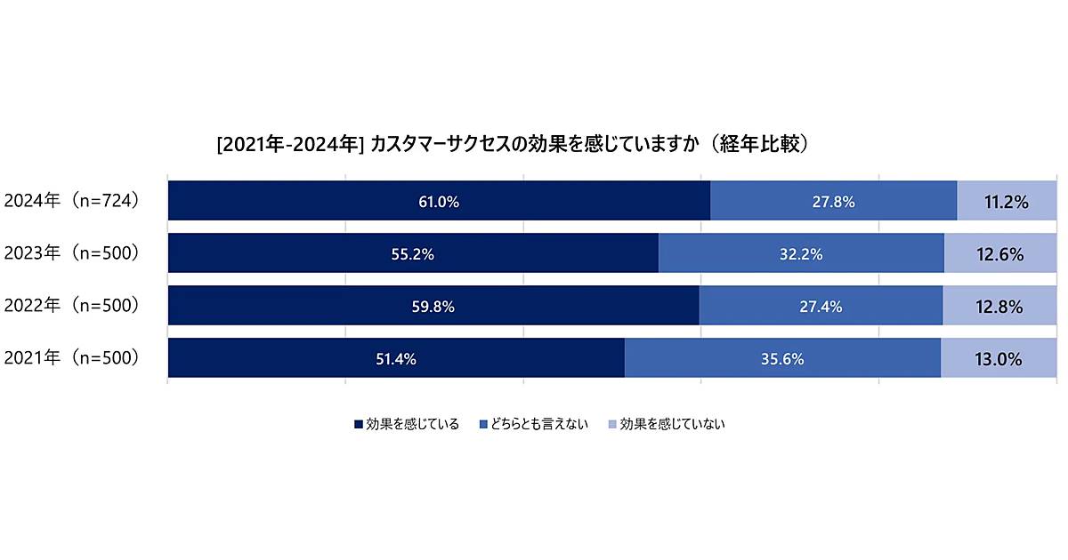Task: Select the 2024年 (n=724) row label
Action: [72, 201]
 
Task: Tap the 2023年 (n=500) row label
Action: [72, 253]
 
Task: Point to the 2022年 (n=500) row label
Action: [72, 306]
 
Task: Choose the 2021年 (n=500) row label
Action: [72, 358]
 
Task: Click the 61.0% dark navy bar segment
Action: [439, 202]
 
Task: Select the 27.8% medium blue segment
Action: [833, 202]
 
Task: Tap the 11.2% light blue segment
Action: [1007, 202]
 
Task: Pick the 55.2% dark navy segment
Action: [413, 254]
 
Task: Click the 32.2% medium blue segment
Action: [800, 254]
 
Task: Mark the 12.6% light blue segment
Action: [1000, 254]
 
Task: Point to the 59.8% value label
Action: [433, 307]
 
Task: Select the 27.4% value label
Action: [821, 307]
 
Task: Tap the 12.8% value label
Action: [999, 307]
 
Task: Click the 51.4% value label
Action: [396, 359]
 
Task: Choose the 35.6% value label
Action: [782, 359]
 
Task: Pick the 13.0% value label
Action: [999, 359]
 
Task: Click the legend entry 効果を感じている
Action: [407, 424]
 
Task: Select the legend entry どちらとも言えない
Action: [533, 424]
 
